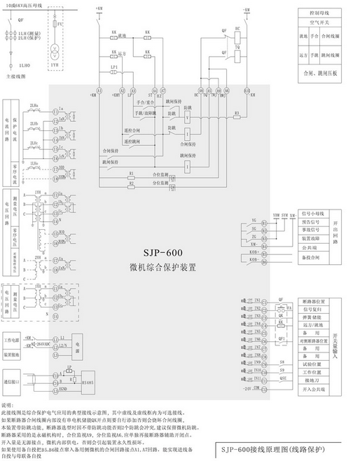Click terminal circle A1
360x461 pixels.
pyautogui.click(x=99, y=91)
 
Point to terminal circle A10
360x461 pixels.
pyautogui.click(x=245, y=91)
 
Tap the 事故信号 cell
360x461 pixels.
pyautogui.click(x=310, y=229)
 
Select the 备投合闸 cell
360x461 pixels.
pyautogui.click(x=310, y=257)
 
